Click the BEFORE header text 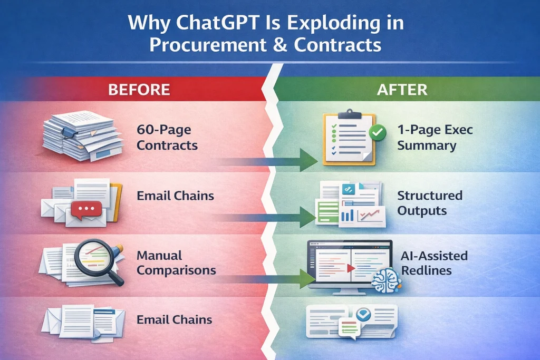coord(139,90)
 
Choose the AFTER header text coord(402,90)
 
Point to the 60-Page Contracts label coord(167,138)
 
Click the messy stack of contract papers coord(83,135)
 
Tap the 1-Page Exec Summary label coord(435,138)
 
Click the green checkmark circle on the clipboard coord(378,131)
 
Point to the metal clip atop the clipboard coord(350,114)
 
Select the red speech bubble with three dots coord(86,210)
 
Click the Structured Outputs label coord(430,203)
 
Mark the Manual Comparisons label coord(176,262)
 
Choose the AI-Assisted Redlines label coord(435,263)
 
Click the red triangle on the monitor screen coord(351,268)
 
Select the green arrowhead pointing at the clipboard coord(308,160)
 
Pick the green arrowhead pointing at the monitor coord(307,279)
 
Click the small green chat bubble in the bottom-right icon coord(350,328)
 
